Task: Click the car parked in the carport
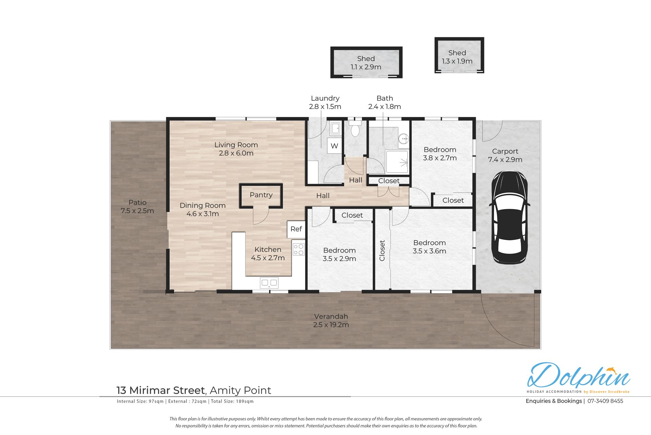click(510, 217)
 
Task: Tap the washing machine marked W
click(334, 146)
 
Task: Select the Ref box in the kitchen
click(296, 229)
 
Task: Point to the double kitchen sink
click(269, 283)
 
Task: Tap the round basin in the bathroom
click(403, 139)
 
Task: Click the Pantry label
click(261, 195)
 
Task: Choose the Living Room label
click(236, 145)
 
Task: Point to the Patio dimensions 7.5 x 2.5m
click(137, 211)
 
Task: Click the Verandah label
click(331, 316)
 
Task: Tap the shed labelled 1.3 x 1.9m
click(459, 55)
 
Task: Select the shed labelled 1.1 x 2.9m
click(367, 62)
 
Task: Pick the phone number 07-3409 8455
click(605, 401)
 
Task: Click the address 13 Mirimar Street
click(161, 391)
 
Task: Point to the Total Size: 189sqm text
click(232, 401)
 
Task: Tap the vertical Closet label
click(382, 251)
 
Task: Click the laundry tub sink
click(336, 128)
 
